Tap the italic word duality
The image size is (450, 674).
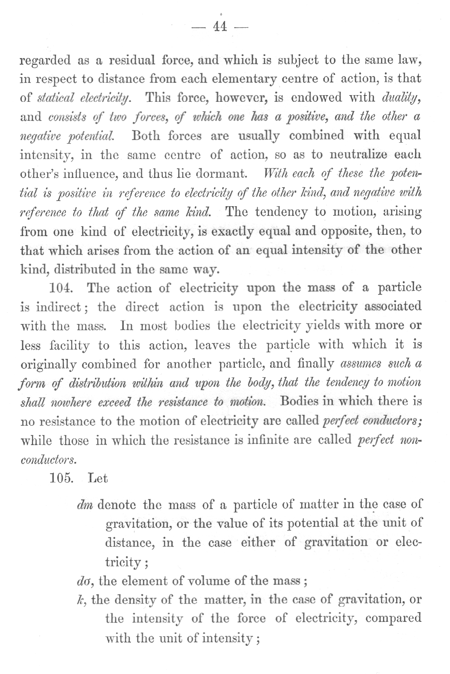pos(402,98)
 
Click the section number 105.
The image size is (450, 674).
pos(61,478)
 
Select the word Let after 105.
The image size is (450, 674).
pos(98,478)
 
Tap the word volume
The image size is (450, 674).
pos(203,581)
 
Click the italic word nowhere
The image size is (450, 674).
pos(70,402)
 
